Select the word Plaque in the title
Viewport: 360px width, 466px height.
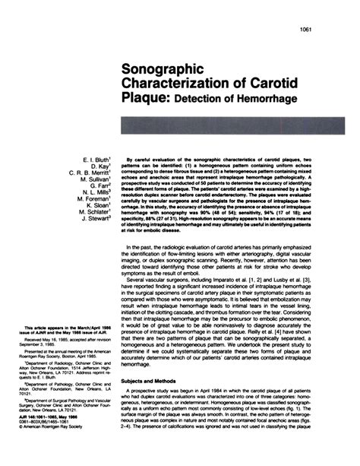pyautogui.click(x=148, y=97)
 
